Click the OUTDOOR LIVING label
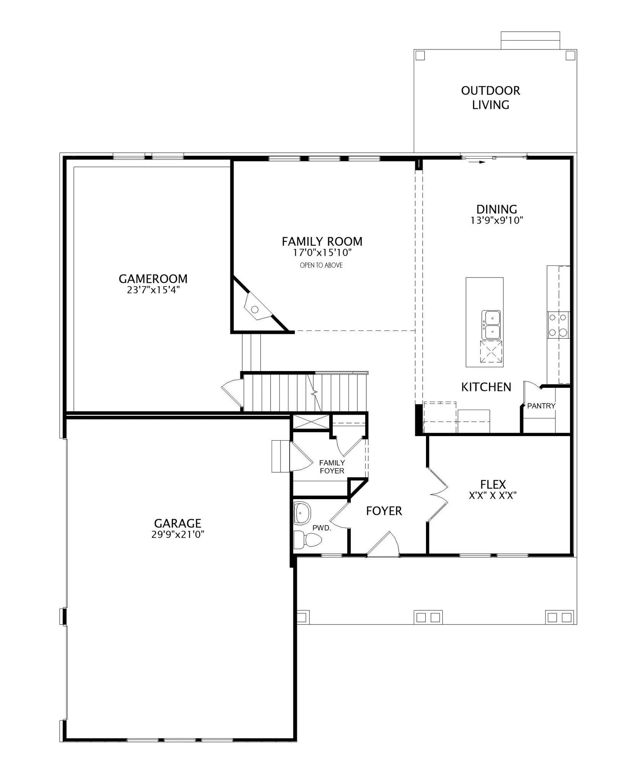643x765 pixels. (x=491, y=98)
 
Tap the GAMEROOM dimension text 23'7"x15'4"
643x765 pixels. (x=153, y=290)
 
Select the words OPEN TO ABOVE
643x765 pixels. (x=321, y=265)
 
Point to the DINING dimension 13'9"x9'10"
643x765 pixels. (x=497, y=220)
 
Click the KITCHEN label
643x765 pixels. (x=486, y=387)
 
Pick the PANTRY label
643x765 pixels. (x=541, y=406)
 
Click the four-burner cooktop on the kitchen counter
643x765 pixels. (x=558, y=324)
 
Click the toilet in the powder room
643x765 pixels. (x=308, y=539)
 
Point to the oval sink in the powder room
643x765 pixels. (x=302, y=513)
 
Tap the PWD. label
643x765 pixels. (x=321, y=528)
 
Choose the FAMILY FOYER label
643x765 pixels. (x=332, y=467)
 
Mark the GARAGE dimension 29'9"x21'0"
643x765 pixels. (x=178, y=534)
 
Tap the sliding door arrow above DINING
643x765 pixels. (x=477, y=162)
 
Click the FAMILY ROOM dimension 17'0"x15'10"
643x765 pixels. (x=322, y=252)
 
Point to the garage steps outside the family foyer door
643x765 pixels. (x=281, y=456)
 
